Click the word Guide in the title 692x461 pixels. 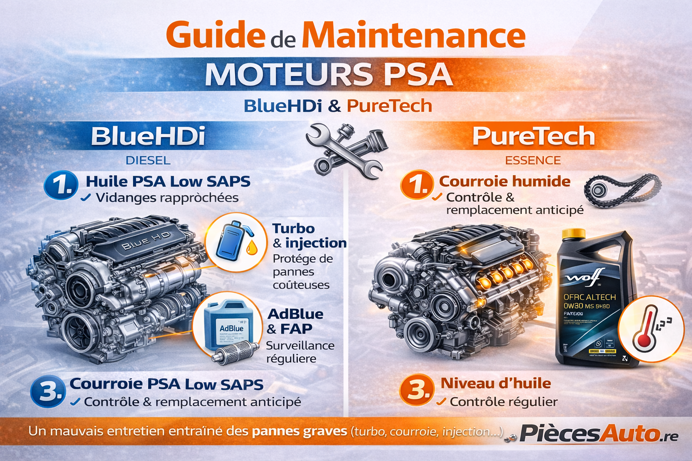[x=215, y=35]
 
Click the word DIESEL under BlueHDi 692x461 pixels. [x=148, y=160]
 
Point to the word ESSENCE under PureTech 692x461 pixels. [x=533, y=160]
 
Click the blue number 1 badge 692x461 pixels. [x=61, y=185]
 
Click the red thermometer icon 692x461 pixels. [x=644, y=328]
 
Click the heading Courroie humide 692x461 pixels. [x=505, y=181]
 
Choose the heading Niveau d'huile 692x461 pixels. [x=496, y=383]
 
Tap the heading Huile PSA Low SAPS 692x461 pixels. [x=168, y=181]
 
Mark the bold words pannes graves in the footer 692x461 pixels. [x=299, y=431]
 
